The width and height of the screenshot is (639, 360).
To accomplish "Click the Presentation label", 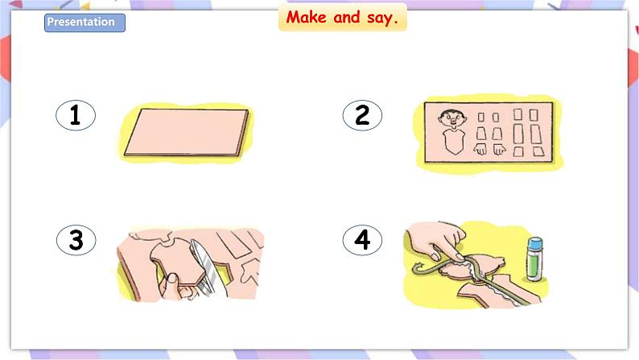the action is [x=85, y=23].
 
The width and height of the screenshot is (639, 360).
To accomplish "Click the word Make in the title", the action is [x=306, y=17].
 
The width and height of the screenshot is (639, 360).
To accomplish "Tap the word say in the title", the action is [x=381, y=19].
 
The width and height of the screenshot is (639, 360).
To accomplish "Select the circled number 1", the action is [x=76, y=115].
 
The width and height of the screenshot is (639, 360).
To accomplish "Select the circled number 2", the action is [x=362, y=115].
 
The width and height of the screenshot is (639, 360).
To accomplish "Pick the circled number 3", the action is [x=76, y=240].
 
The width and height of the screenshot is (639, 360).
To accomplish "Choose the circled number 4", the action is [x=362, y=240].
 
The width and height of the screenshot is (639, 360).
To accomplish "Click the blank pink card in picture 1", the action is [x=187, y=132].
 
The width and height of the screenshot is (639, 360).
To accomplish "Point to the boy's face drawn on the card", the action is [x=452, y=118].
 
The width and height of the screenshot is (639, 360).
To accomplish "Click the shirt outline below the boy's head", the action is [x=454, y=141].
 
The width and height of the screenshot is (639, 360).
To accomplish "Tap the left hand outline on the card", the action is [x=480, y=149].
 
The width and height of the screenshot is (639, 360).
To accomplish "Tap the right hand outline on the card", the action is [x=499, y=149].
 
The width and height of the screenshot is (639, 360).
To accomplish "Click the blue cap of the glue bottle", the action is [x=535, y=244].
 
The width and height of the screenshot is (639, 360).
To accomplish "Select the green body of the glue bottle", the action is [x=534, y=265].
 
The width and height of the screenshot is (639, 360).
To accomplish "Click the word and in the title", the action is [x=346, y=17].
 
